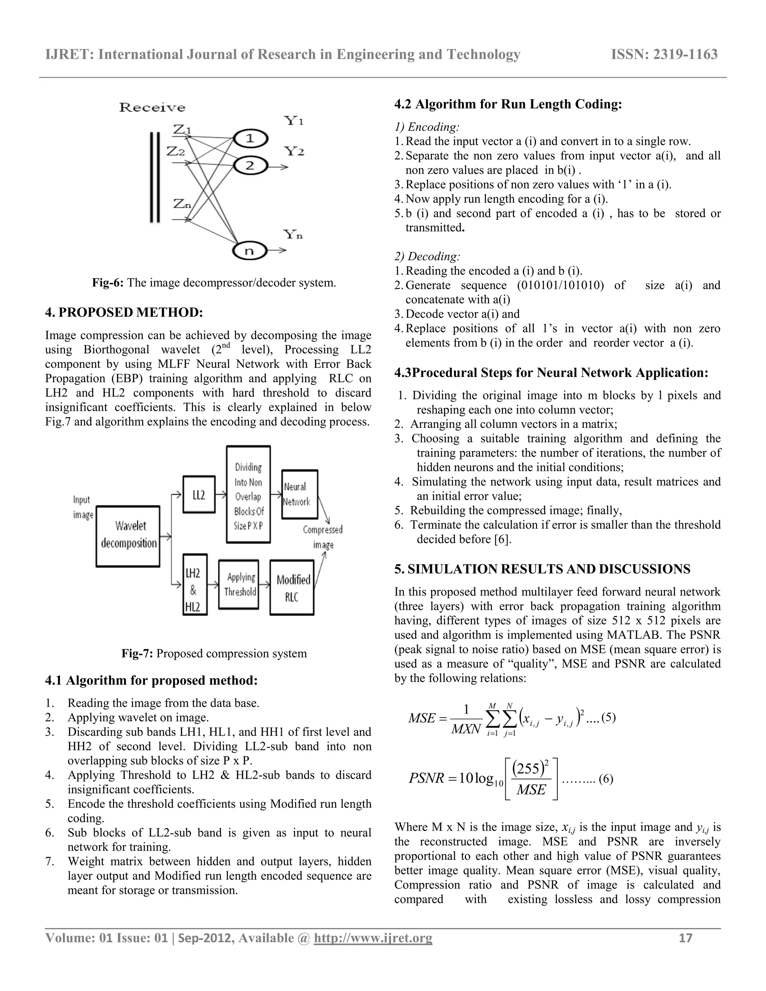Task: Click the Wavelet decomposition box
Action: (128, 536)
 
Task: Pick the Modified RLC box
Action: (292, 588)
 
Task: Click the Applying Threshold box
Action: (239, 585)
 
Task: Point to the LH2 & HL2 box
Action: (195, 585)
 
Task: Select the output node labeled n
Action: (249, 251)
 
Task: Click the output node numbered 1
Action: (250, 138)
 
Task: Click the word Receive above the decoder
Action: (152, 108)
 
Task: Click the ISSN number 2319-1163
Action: (664, 55)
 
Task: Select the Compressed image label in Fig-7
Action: (323, 537)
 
